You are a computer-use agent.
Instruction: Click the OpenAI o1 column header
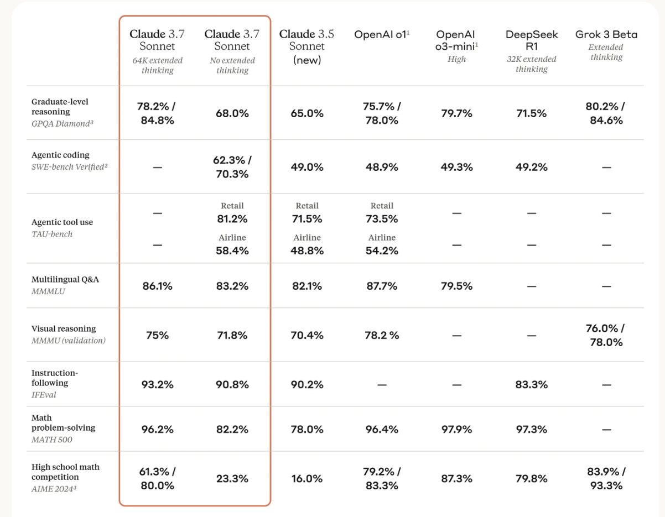coord(381,34)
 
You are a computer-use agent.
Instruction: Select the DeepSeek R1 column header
coord(532,40)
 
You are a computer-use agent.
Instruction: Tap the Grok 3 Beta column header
coord(606,34)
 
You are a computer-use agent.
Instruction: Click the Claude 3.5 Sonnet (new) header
coord(306,46)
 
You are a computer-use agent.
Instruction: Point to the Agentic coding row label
coord(60,155)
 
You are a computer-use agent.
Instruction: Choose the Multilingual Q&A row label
coord(65,279)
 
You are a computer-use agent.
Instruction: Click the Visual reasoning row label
coord(64,328)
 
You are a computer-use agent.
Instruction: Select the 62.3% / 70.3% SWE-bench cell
coord(232,167)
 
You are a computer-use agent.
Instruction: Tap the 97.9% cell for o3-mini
coord(456,429)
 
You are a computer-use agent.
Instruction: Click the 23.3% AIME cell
coord(232,479)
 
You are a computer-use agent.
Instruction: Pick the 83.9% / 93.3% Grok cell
coord(606,479)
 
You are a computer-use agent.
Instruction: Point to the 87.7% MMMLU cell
coord(382,286)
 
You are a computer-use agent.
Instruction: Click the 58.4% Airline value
coord(232,250)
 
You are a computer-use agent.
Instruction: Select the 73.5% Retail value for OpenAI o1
coord(382,218)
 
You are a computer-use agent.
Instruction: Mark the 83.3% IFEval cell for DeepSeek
coord(532,384)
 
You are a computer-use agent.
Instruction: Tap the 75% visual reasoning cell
coord(157,335)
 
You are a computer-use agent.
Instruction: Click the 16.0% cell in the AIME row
coord(306,479)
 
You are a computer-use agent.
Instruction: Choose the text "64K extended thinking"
coord(157,65)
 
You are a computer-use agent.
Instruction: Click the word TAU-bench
coord(52,234)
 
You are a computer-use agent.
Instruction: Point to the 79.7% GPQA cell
coord(456,113)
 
